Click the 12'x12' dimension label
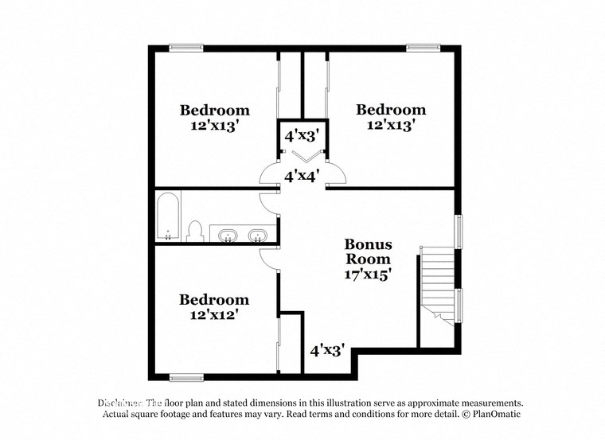click(214, 315)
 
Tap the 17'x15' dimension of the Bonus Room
click(368, 274)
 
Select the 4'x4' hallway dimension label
click(302, 176)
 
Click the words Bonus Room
click(368, 251)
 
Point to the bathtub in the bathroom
click(168, 216)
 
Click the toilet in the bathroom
click(194, 231)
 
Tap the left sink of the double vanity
click(228, 235)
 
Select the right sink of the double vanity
click(257, 235)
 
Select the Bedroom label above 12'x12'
click(214, 300)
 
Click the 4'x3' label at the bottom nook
click(326, 349)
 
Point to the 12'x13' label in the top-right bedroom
click(391, 125)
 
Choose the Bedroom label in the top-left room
click(214, 111)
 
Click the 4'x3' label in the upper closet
click(302, 136)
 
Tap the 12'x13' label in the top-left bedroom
click(214, 126)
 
